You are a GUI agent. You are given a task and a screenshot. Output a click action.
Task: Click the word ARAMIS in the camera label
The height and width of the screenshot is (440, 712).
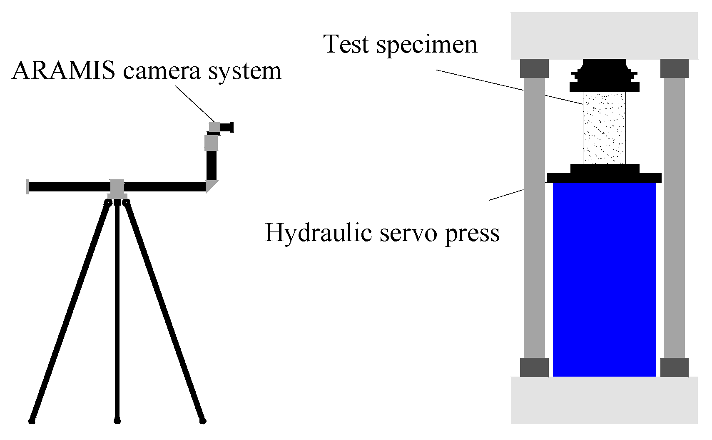coord(64,71)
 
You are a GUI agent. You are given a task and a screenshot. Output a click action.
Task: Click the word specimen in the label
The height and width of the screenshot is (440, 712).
coord(427,45)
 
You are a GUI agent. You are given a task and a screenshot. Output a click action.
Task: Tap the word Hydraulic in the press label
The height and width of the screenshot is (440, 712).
coord(318,233)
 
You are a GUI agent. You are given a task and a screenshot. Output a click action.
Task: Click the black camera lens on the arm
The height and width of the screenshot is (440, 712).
coord(227,127)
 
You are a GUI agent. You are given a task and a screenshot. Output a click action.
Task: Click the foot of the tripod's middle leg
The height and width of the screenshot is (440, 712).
coord(117,420)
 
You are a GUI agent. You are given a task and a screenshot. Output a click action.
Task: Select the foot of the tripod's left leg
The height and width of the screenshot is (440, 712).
coord(32,420)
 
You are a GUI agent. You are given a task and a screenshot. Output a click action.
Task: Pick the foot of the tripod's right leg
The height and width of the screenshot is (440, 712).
coord(202,420)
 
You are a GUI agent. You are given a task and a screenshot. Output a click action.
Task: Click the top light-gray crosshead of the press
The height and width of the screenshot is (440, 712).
coord(604,35)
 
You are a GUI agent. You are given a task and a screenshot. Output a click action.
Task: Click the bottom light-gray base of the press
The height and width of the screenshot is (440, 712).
coord(604,400)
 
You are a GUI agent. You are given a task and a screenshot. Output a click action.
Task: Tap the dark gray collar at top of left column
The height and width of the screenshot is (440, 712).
coord(534,68)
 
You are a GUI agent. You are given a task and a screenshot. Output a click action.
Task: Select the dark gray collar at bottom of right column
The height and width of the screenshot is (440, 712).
coord(674,367)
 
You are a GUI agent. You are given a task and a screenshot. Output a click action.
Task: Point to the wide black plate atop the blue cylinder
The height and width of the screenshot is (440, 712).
coord(604,178)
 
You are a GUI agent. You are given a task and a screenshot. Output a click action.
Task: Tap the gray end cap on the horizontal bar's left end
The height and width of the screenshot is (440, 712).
coord(27,186)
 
